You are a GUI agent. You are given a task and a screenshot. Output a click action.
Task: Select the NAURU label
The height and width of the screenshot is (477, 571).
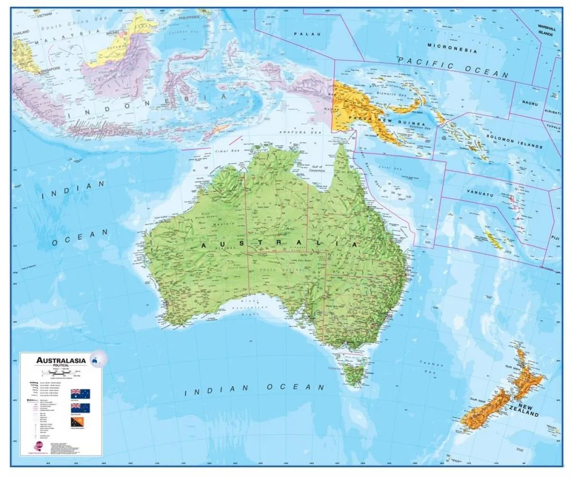529,102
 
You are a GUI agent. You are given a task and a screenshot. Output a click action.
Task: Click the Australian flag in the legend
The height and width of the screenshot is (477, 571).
80,393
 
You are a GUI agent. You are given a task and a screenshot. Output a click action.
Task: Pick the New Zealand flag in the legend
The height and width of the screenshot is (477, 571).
80,408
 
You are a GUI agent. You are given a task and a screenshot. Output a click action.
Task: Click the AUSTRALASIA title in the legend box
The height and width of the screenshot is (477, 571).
61,360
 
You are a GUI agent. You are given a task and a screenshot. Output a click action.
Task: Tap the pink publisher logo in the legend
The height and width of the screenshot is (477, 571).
37,446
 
